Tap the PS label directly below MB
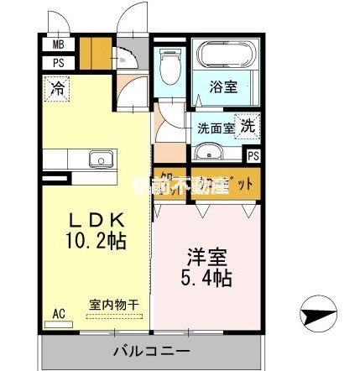58,62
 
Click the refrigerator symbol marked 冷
55,86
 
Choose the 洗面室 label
215,128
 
